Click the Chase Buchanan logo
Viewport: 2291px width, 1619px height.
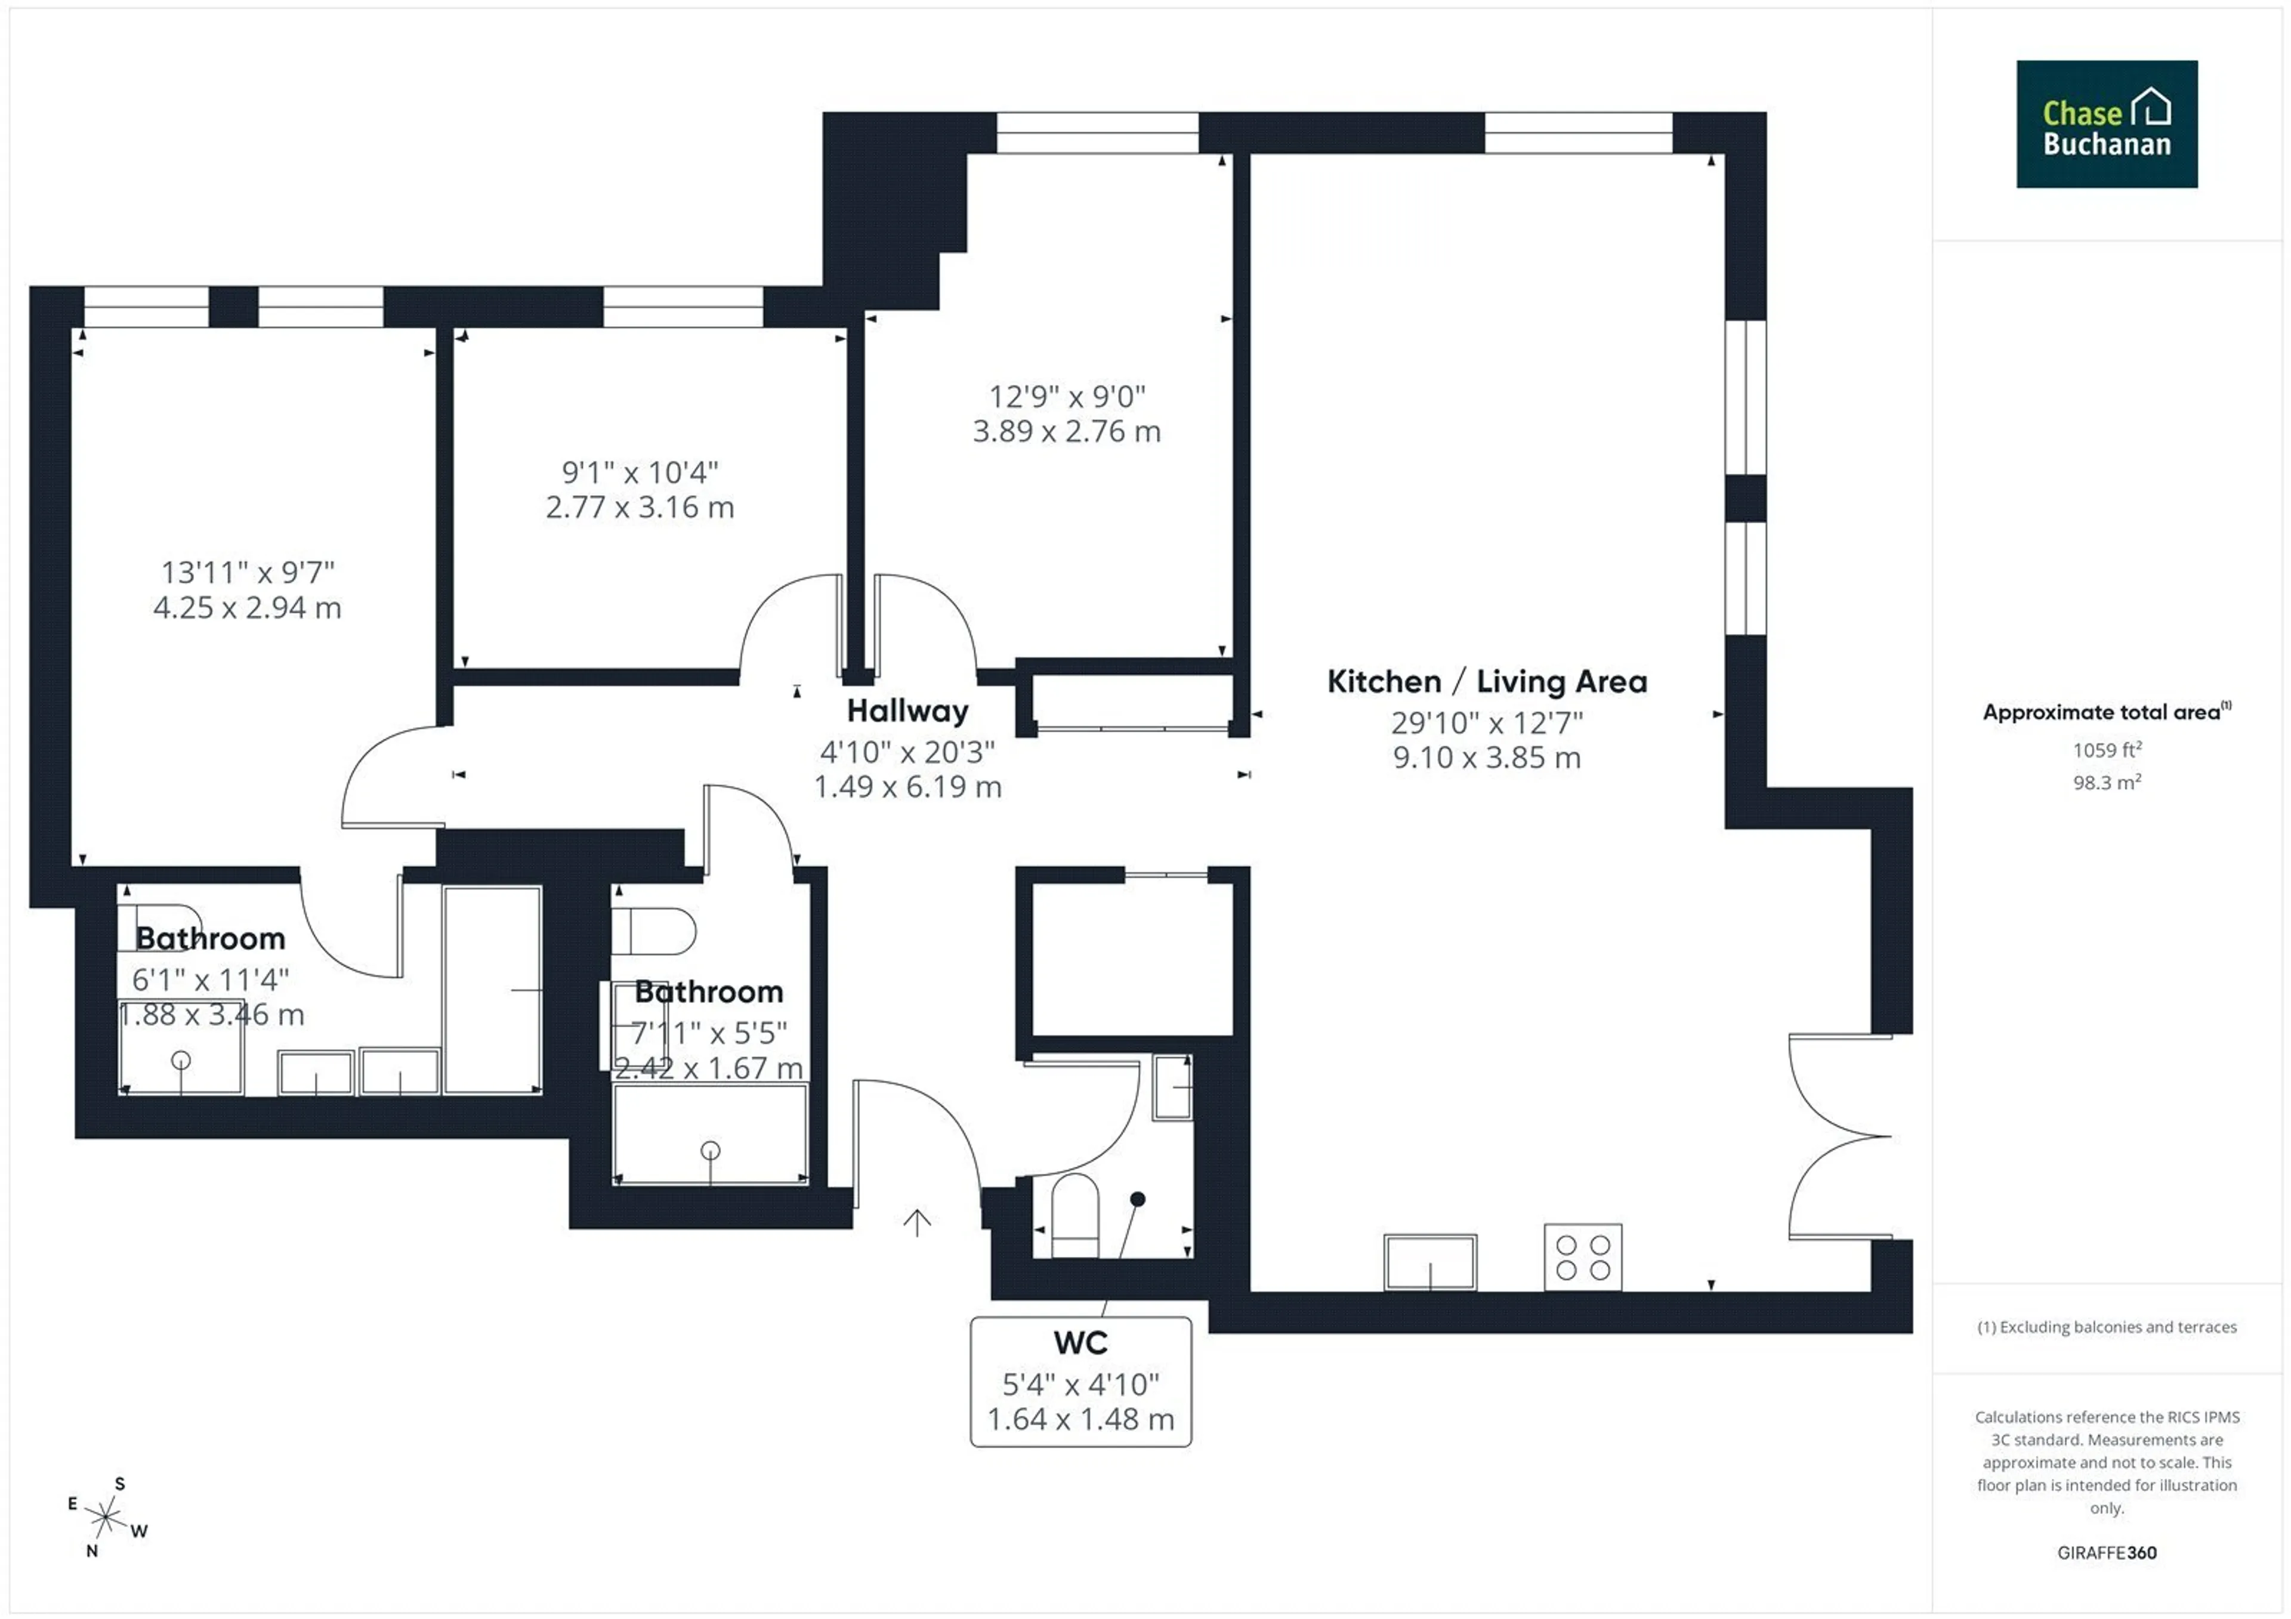[2107, 123]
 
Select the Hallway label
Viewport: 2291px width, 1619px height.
[907, 710]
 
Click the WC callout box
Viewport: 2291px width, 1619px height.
[1080, 1382]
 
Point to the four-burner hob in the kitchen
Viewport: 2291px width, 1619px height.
[1583, 1257]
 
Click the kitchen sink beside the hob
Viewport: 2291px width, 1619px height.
[1430, 1262]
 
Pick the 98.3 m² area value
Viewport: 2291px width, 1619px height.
[2107, 782]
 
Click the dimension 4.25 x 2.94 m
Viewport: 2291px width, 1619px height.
[248, 607]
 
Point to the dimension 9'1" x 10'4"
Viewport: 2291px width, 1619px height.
[640, 472]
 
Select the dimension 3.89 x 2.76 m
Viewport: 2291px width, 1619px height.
[1067, 431]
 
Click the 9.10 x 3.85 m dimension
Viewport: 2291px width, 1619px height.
[1487, 757]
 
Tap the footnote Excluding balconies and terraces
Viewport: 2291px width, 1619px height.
[2107, 1327]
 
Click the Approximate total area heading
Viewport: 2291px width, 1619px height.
[2107, 711]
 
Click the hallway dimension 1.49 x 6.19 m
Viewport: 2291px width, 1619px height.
[907, 786]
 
